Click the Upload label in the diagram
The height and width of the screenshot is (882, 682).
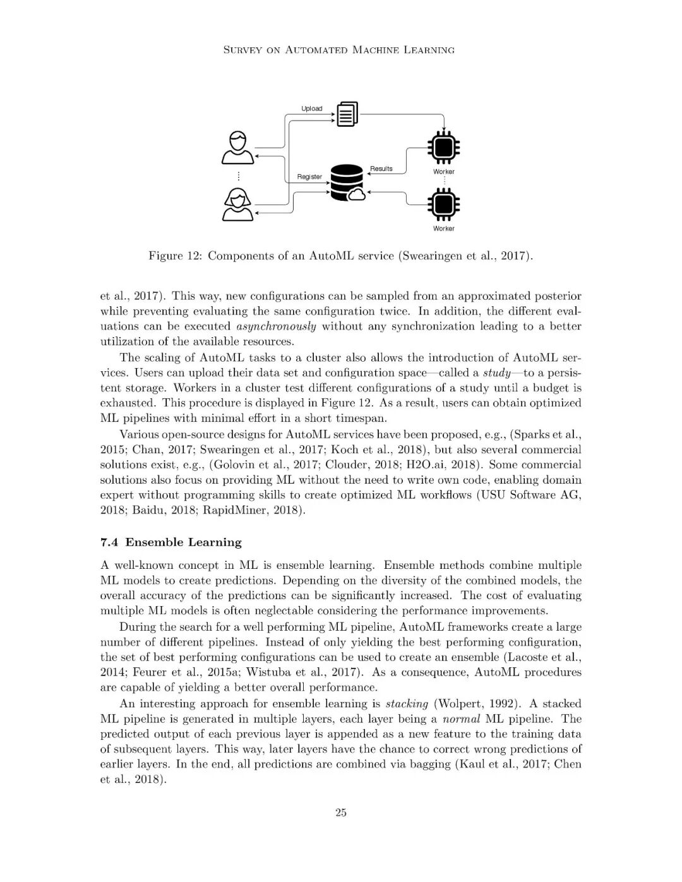(x=311, y=109)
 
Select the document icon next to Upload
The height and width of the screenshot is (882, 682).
(x=347, y=114)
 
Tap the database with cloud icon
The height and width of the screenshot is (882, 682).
(x=348, y=183)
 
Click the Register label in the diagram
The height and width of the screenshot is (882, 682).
(x=309, y=177)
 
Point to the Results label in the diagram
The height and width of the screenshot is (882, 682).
(x=381, y=169)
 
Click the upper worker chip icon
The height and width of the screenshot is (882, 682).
(x=443, y=148)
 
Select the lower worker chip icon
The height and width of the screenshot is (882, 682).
(x=443, y=204)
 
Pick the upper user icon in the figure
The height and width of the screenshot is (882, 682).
(x=237, y=147)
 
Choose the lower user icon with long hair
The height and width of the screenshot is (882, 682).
(x=237, y=205)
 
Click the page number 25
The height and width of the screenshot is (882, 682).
(x=341, y=813)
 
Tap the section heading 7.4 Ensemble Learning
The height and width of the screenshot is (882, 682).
(x=171, y=542)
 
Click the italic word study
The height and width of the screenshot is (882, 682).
(x=496, y=372)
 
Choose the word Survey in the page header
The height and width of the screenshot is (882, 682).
(x=243, y=50)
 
